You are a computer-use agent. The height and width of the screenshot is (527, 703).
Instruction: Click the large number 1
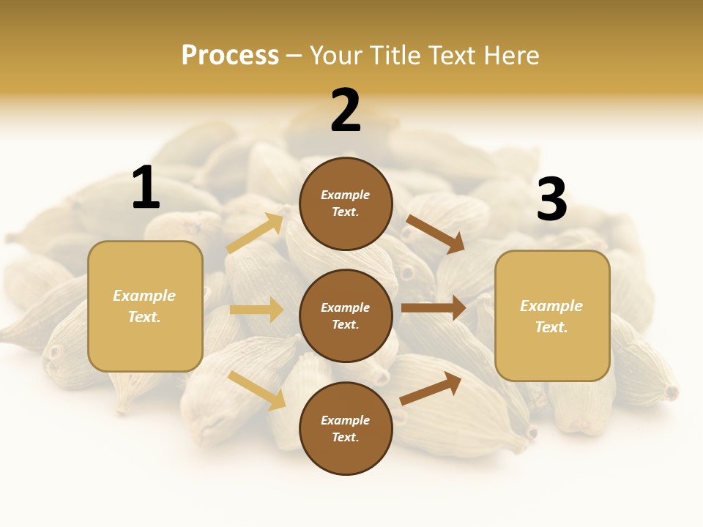click(146, 188)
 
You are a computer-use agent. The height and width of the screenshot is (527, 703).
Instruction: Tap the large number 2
click(346, 111)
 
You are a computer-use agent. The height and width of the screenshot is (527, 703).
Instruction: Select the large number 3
click(551, 200)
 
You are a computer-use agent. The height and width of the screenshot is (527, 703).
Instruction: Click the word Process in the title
click(230, 55)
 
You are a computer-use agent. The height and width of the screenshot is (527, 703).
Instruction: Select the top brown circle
click(346, 203)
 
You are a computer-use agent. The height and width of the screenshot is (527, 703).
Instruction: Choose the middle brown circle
click(346, 315)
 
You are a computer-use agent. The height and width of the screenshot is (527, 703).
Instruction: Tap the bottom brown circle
click(346, 428)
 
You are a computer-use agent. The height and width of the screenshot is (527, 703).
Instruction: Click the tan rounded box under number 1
click(145, 306)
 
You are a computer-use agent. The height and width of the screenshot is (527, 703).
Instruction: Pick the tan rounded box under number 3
click(552, 315)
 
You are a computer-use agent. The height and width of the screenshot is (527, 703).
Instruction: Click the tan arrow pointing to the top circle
click(256, 233)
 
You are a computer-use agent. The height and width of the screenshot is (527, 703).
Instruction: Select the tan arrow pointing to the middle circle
click(257, 310)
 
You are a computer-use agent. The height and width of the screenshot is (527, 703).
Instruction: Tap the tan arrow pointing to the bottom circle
click(257, 390)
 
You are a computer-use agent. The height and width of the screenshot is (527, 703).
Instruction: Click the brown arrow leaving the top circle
click(435, 233)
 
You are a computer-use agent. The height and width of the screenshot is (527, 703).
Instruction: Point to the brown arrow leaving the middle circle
click(434, 308)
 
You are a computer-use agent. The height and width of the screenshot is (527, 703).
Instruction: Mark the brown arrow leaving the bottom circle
click(431, 388)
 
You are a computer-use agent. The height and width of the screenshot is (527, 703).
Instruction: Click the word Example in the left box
click(144, 296)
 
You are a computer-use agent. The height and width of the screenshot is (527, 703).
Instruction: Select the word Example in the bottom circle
click(345, 420)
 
